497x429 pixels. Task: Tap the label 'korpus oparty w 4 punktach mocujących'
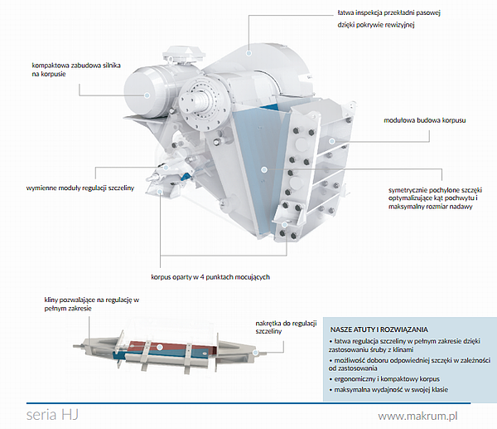click(x=210, y=276)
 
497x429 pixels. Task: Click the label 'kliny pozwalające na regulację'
click(x=90, y=303)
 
